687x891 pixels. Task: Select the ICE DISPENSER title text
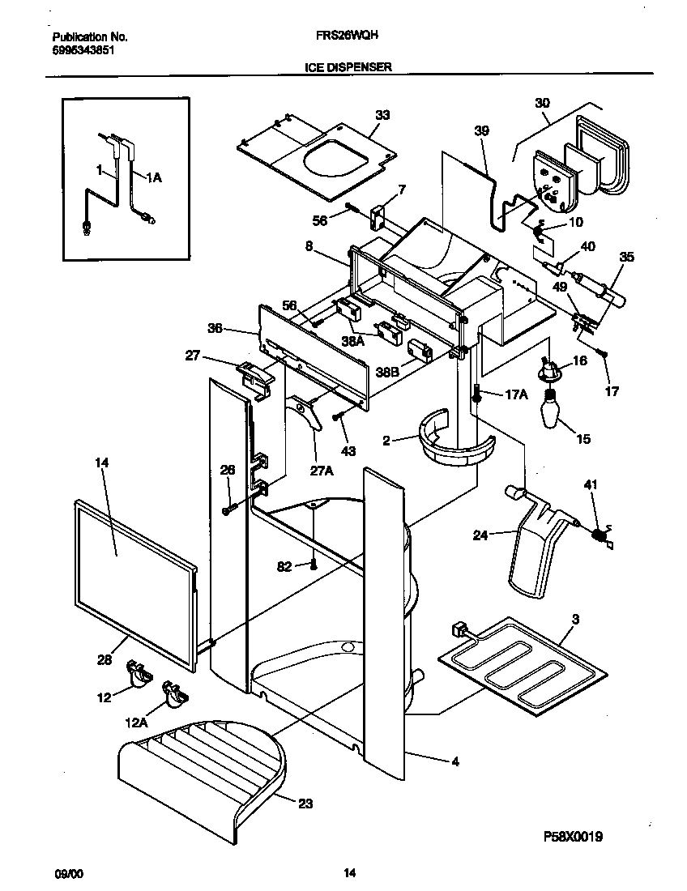pos(348,68)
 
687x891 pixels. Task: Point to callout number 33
pos(382,115)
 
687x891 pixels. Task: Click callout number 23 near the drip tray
pos(305,804)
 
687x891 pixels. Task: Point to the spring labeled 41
pos(601,535)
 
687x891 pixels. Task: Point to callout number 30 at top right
pos(542,103)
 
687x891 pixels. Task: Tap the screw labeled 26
pos(228,508)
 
